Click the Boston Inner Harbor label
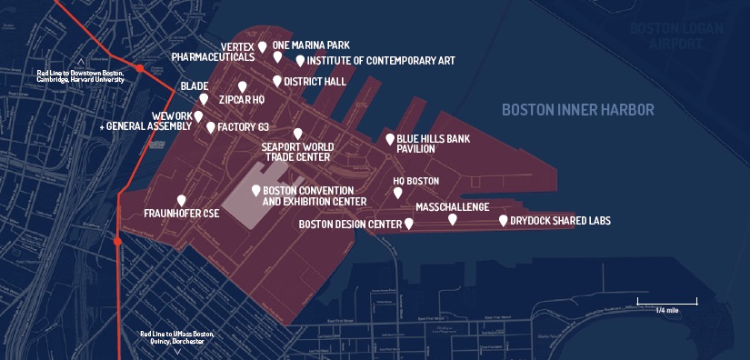click(577, 110)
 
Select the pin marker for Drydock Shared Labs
click(504, 220)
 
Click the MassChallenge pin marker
click(453, 219)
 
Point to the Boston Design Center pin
click(409, 223)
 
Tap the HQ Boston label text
click(415, 181)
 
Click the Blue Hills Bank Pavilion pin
click(390, 139)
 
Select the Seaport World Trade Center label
click(297, 151)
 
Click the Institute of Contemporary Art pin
click(300, 61)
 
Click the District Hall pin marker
click(277, 81)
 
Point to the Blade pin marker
click(204, 98)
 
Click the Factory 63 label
click(244, 127)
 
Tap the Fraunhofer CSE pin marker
click(182, 200)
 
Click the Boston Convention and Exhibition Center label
click(314, 195)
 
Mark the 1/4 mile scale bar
click(666, 301)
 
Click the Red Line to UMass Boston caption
click(176, 336)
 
